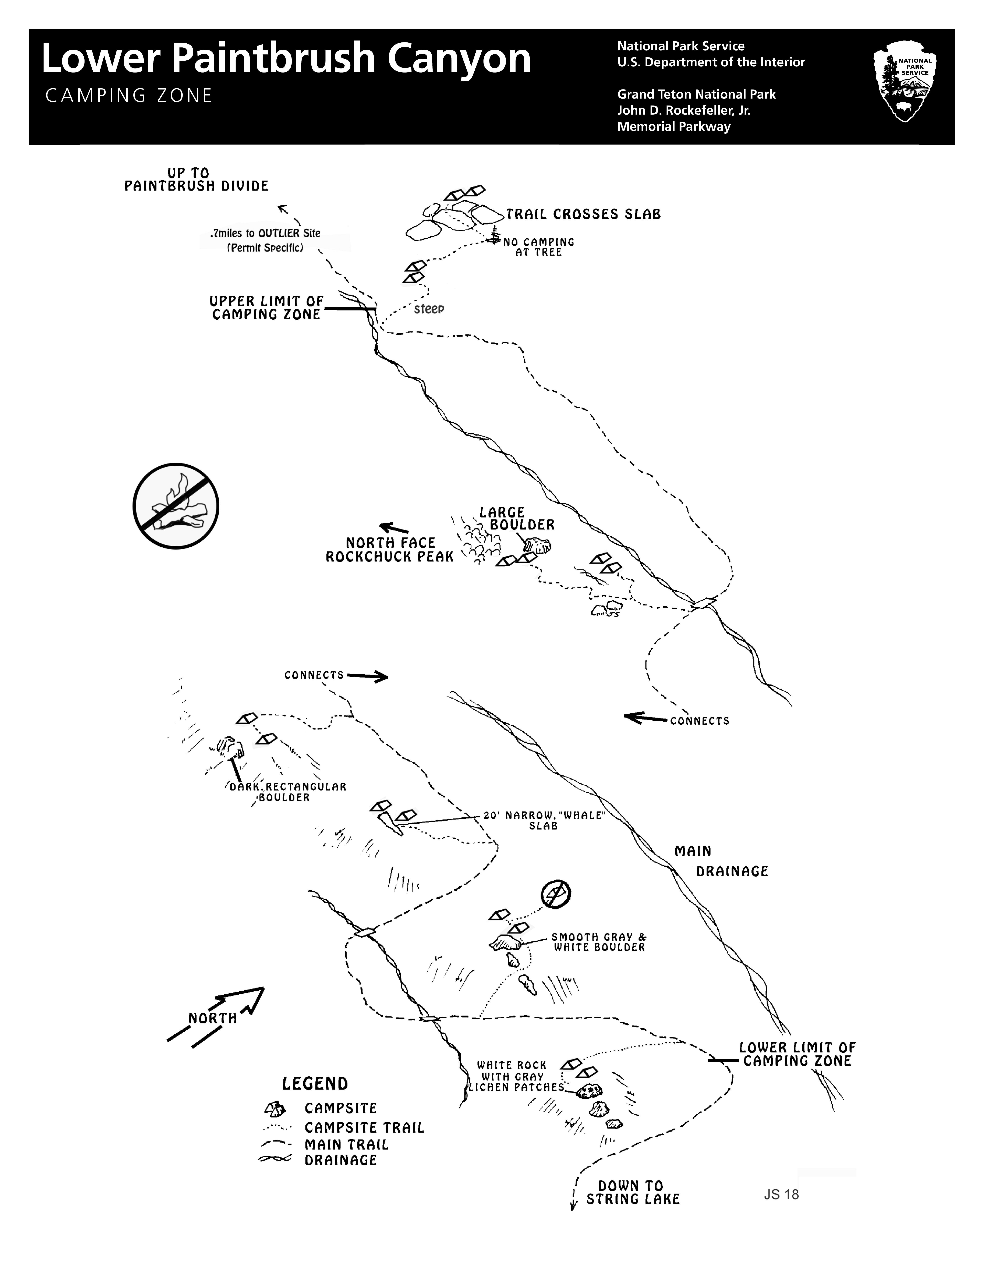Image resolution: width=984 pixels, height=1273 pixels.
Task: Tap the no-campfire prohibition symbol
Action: coord(176,506)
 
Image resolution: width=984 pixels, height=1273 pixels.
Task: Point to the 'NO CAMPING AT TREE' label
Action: coord(539,247)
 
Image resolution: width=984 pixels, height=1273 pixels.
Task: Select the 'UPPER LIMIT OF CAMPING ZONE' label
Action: coord(266,308)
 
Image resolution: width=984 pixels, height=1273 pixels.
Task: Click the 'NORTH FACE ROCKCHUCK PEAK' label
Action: coord(389,550)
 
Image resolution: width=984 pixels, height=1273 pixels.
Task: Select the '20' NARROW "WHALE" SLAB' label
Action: coord(544,820)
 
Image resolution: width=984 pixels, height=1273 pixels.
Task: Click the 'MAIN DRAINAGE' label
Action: coord(721,861)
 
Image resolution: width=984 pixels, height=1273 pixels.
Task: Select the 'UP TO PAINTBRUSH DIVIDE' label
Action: coord(196,180)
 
